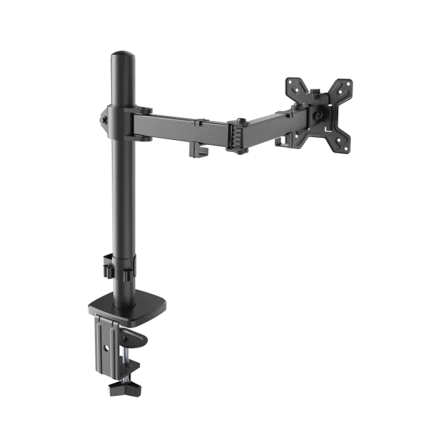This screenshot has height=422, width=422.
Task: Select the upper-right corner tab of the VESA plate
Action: (x=345, y=85)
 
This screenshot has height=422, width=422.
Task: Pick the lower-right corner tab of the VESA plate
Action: (x=345, y=146)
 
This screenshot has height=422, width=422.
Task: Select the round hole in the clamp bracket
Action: (x=105, y=347)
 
